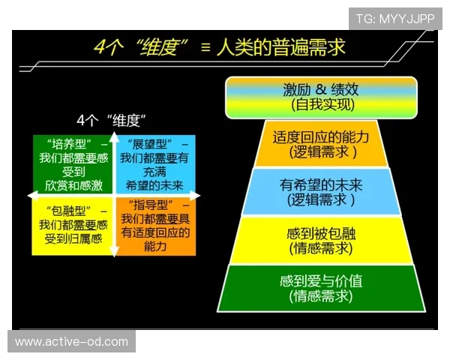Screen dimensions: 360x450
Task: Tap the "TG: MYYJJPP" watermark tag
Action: tap(395, 19)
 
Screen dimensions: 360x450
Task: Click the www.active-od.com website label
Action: tap(72, 342)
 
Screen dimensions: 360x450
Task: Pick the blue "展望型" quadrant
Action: tap(154, 164)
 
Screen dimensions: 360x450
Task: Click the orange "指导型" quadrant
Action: tap(155, 226)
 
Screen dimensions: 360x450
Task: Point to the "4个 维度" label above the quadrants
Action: tap(111, 120)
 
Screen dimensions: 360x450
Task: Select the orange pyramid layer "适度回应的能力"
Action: tap(321, 144)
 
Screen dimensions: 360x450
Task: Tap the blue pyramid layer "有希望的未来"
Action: tap(321, 192)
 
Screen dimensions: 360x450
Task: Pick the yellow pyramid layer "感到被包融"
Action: tap(321, 241)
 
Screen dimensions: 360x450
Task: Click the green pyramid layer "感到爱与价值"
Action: tap(321, 288)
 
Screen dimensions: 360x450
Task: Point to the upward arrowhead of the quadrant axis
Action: tap(112, 136)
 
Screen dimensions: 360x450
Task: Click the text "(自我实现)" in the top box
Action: tap(321, 106)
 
